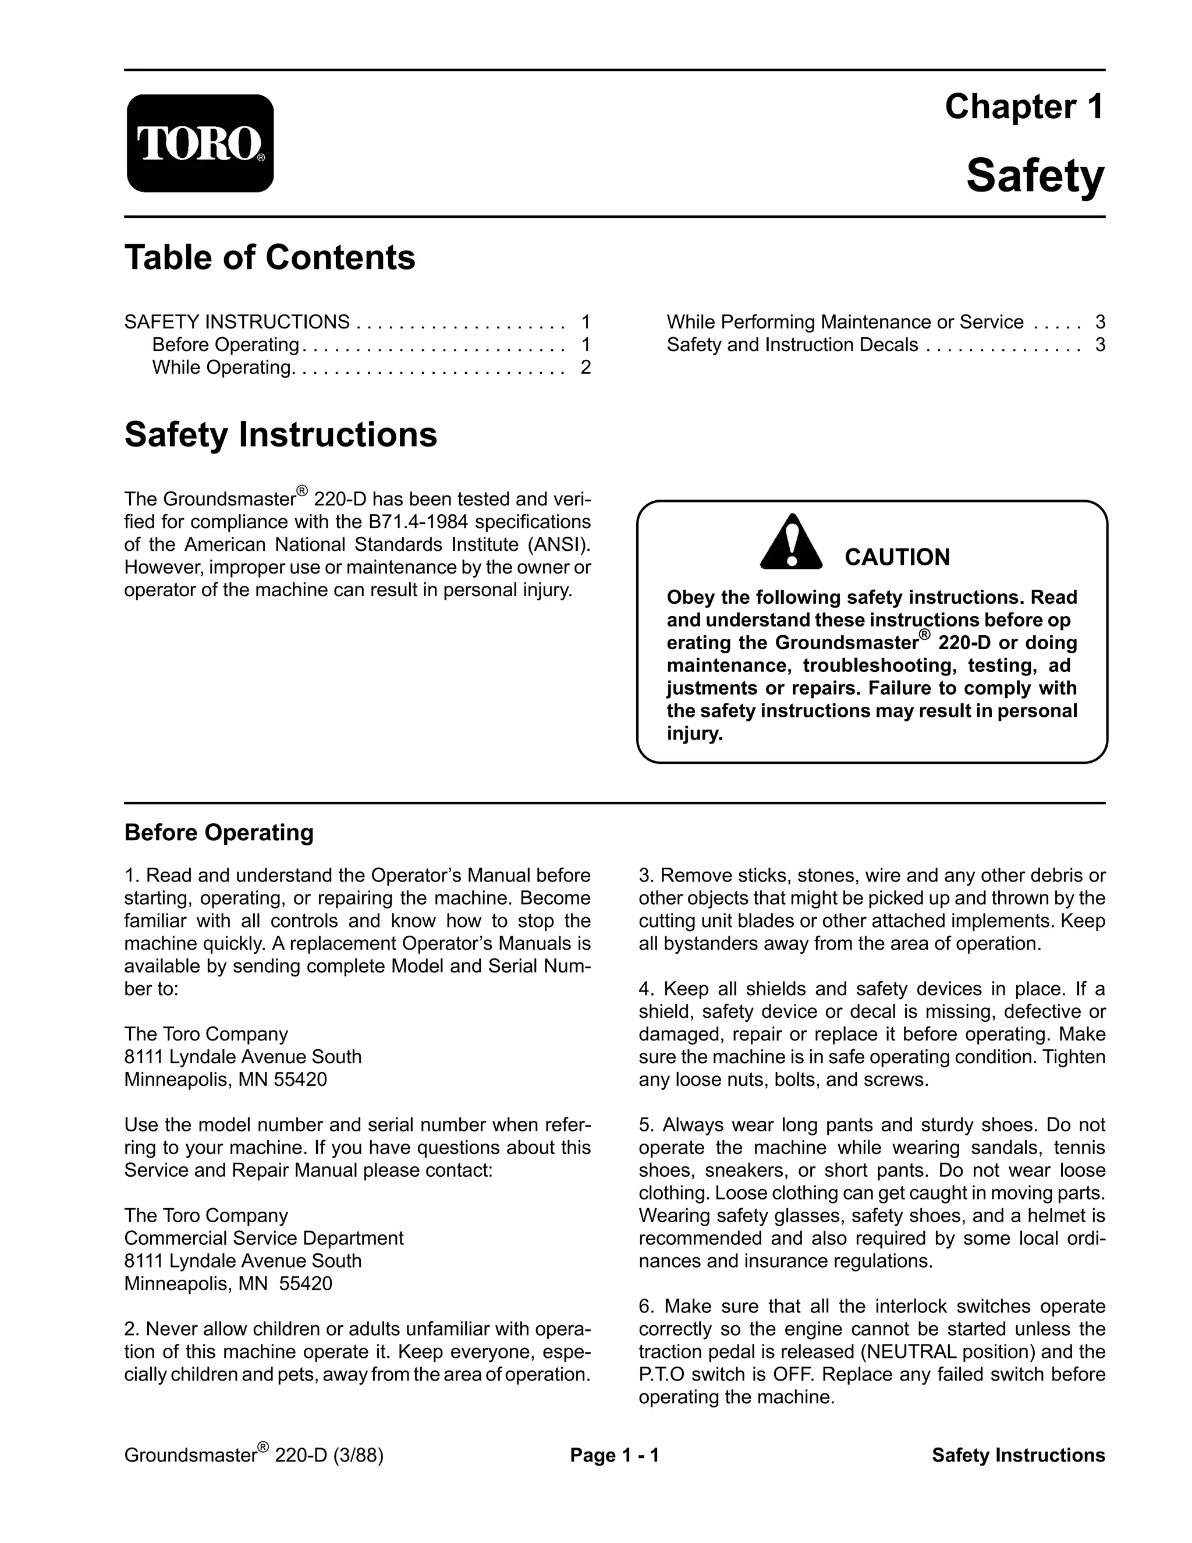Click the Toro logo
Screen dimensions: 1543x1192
[200, 143]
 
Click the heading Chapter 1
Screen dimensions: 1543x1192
[1023, 107]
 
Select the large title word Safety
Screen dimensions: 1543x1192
[1034, 176]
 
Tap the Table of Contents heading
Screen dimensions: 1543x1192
[269, 257]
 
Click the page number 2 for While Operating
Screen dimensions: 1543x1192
[586, 367]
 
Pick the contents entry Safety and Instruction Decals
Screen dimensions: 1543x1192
[792, 345]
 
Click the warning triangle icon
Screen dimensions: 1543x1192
[791, 543]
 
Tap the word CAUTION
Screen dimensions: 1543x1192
[897, 557]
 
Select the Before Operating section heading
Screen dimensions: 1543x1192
[219, 832]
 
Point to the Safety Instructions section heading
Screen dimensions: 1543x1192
[281, 434]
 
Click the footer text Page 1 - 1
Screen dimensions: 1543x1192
[615, 1456]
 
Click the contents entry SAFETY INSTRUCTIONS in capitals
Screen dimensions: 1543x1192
[236, 322]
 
